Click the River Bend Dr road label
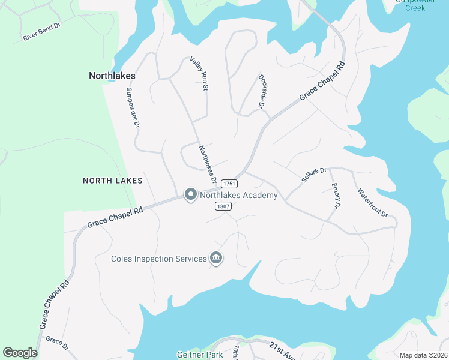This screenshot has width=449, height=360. (42, 32)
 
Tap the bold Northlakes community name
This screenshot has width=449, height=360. (112, 76)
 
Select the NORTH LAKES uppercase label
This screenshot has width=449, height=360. (113, 180)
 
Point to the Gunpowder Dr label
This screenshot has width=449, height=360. (133, 108)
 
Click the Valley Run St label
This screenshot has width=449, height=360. (199, 74)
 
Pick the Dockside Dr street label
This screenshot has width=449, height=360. (262, 91)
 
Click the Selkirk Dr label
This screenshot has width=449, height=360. (314, 175)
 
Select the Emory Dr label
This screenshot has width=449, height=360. (336, 196)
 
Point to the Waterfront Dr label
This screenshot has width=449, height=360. (372, 203)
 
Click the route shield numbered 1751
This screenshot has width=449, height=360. (228, 184)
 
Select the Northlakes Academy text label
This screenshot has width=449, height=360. (239, 196)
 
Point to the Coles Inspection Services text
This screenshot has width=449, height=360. (158, 259)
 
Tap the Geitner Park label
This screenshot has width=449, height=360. (200, 355)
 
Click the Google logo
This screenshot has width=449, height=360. (20, 353)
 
